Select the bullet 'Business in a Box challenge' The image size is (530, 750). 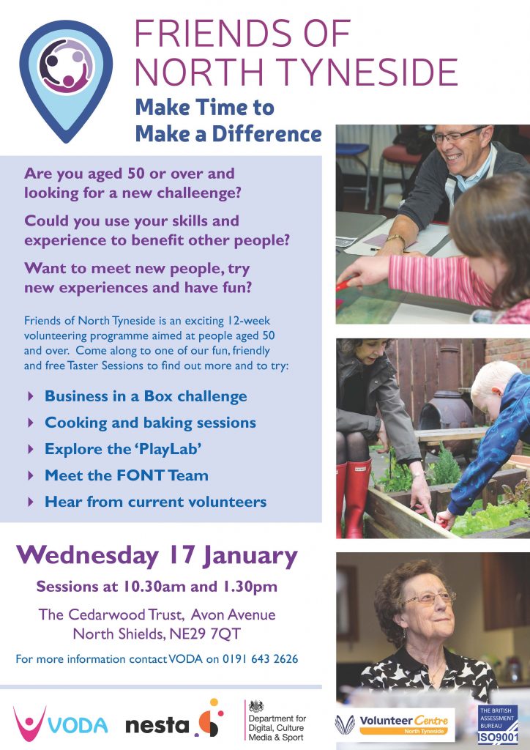click(x=146, y=396)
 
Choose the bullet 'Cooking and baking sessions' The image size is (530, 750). click(x=150, y=423)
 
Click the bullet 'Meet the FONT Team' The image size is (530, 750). click(x=126, y=475)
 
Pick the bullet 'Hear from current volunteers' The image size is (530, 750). click(x=155, y=502)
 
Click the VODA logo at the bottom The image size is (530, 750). click(x=61, y=721)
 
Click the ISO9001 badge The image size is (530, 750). click(x=498, y=724)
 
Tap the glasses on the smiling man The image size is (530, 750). click(x=458, y=135)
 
